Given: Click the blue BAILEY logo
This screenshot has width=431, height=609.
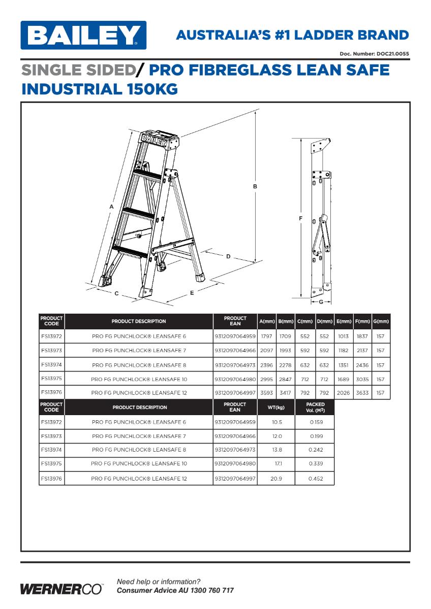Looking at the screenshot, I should click(x=83, y=35).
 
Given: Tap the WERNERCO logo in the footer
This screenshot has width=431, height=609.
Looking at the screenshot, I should click(x=61, y=589).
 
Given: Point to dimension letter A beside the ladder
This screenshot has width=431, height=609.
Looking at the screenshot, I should click(x=111, y=207).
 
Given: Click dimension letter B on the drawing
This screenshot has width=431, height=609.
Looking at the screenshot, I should click(x=255, y=186).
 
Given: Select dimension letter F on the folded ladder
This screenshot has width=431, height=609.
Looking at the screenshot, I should click(x=301, y=218).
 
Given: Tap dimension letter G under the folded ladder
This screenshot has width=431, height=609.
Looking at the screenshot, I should click(x=321, y=302).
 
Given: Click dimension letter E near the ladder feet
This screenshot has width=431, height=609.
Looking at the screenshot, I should click(x=192, y=292).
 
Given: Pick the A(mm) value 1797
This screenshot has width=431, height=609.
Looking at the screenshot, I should click(x=267, y=336).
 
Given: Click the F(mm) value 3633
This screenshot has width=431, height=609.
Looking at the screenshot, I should click(x=362, y=393).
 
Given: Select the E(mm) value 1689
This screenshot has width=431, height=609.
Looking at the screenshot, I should click(x=345, y=379).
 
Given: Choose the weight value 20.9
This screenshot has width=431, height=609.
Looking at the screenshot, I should click(x=276, y=479).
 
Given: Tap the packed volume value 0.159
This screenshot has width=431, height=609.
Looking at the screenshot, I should click(x=316, y=422).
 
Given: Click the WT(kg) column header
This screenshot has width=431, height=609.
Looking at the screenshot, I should click(x=276, y=408).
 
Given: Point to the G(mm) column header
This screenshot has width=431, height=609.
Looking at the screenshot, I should click(x=381, y=321).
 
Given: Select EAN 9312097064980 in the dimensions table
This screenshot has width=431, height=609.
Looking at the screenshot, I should click(x=235, y=379).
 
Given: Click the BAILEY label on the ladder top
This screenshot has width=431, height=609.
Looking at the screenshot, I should click(x=153, y=140).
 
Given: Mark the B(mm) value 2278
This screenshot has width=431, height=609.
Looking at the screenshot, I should click(x=285, y=365).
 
